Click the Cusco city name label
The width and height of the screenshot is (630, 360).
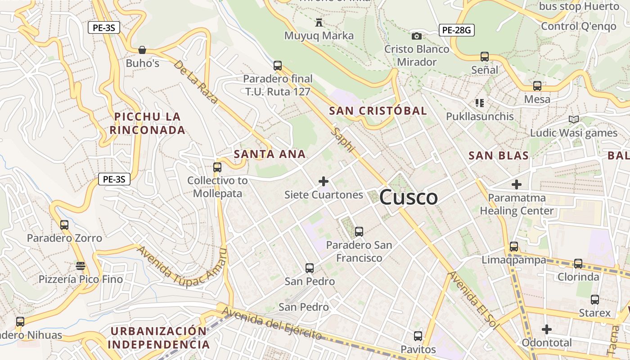coord(409,197)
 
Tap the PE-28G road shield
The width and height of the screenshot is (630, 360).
coord(456,30)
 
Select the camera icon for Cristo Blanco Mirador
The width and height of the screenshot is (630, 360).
coord(417,36)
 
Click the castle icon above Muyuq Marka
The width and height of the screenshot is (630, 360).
coord(319,22)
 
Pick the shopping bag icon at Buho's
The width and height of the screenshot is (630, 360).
coord(142,49)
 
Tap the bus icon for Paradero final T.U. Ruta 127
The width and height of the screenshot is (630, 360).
coord(278,66)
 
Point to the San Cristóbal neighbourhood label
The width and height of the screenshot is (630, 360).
coord(378,111)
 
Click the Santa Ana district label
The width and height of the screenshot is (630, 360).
coord(270,154)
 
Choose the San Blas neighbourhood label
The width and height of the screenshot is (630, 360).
coord(498,156)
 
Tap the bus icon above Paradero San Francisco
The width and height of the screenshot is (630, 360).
coord(359,232)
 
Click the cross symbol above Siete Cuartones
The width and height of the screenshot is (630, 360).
coord(323,181)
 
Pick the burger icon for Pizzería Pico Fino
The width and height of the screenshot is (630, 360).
coord(81,266)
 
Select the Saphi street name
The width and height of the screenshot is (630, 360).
coord(343,139)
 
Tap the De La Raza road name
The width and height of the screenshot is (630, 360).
coord(196,82)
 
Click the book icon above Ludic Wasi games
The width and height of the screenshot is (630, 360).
coord(573,119)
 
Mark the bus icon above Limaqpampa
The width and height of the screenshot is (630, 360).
coord(514,247)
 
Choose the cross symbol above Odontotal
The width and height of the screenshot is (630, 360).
coord(547,329)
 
